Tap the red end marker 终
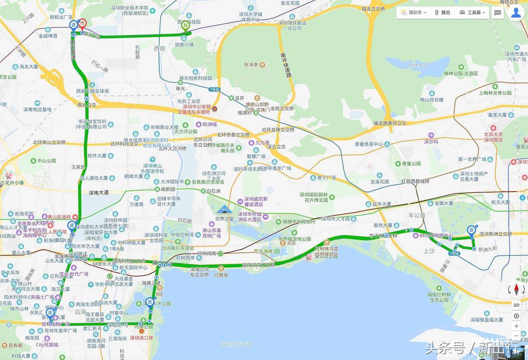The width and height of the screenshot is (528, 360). pyautogui.click(x=82, y=24)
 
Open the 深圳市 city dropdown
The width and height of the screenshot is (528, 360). pyautogui.click(x=413, y=12)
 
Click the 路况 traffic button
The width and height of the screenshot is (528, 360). pyautogui.click(x=442, y=12)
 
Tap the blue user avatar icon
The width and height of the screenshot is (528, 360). pyautogui.click(x=516, y=12)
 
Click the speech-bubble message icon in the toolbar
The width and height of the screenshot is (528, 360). pyautogui.click(x=498, y=13)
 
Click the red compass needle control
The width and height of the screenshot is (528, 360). pyautogui.click(x=516, y=289)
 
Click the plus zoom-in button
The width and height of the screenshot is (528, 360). pyautogui.click(x=516, y=326)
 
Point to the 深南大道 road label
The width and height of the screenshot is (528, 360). pyautogui.click(x=99, y=193)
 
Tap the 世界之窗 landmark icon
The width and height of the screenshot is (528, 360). pyautogui.click(x=223, y=210)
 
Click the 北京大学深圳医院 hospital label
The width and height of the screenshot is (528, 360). pyautogui.click(x=493, y=136)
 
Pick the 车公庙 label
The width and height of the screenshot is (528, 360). pyautogui.click(x=417, y=215)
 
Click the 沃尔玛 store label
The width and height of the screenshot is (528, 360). pyautogui.click(x=430, y=142)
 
